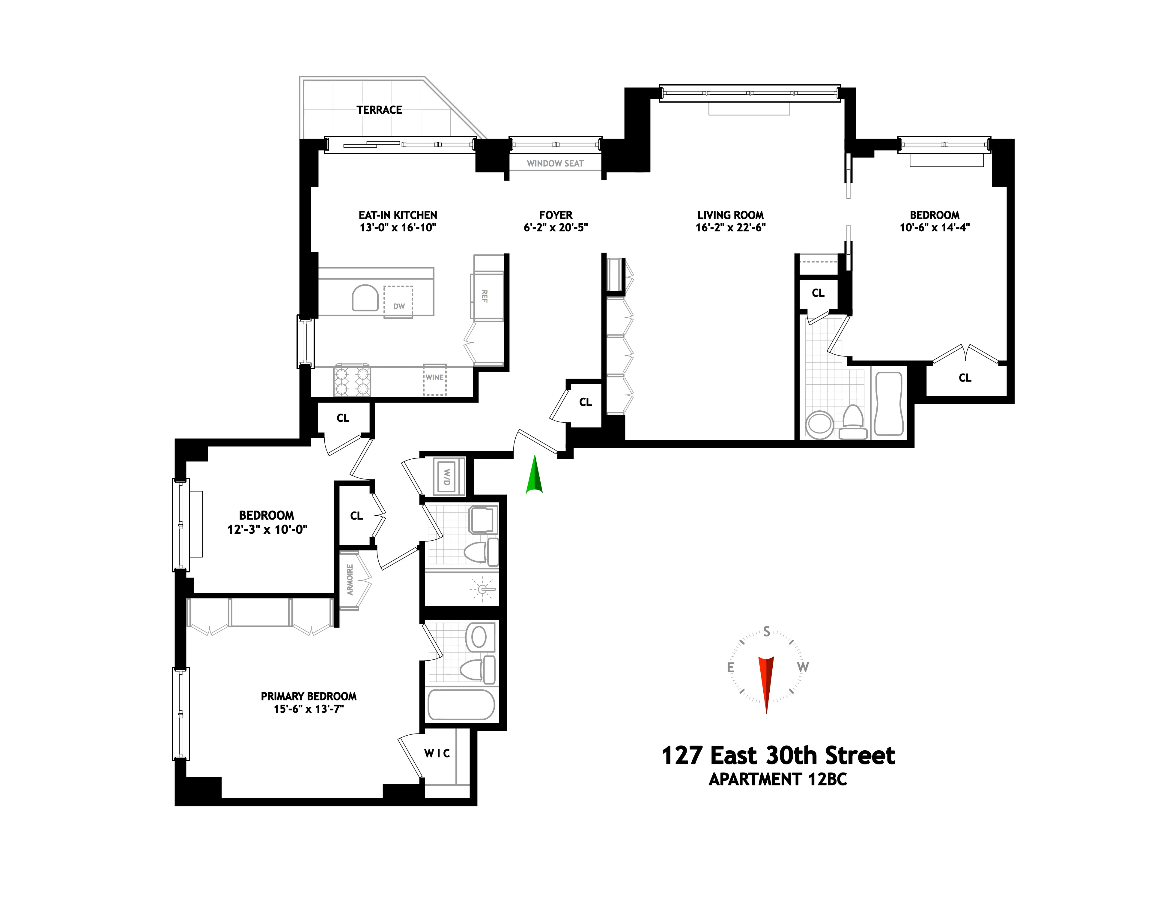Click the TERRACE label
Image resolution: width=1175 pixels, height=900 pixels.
pos(379,110)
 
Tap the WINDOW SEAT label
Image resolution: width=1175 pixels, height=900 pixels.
pos(555,163)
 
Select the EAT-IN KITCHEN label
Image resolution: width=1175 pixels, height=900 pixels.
pos(398,215)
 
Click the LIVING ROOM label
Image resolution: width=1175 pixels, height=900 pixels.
pos(730,215)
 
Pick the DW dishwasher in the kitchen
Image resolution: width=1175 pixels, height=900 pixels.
pos(398,301)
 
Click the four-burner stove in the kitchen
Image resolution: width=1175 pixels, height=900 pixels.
pos(352,381)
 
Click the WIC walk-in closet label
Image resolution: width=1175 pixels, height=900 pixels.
pos(437,753)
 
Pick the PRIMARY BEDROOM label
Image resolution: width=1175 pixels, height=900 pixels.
pos(308,696)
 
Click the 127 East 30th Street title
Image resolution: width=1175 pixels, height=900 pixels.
pos(778,755)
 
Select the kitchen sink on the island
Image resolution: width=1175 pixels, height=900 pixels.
pos(365,298)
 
